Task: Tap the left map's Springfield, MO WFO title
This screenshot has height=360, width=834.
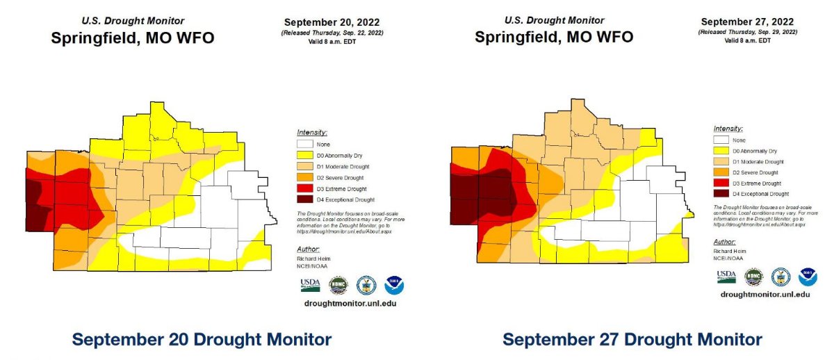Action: (x=133, y=38)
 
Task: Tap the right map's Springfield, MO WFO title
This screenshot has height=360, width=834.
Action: (x=553, y=36)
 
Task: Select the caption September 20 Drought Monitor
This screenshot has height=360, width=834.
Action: (x=202, y=340)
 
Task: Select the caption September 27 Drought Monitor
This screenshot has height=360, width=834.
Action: (x=632, y=340)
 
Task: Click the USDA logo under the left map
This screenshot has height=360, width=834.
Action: (x=310, y=285)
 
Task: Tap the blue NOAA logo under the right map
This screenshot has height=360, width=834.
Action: (x=808, y=277)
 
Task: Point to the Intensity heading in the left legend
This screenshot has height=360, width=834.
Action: (x=311, y=132)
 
